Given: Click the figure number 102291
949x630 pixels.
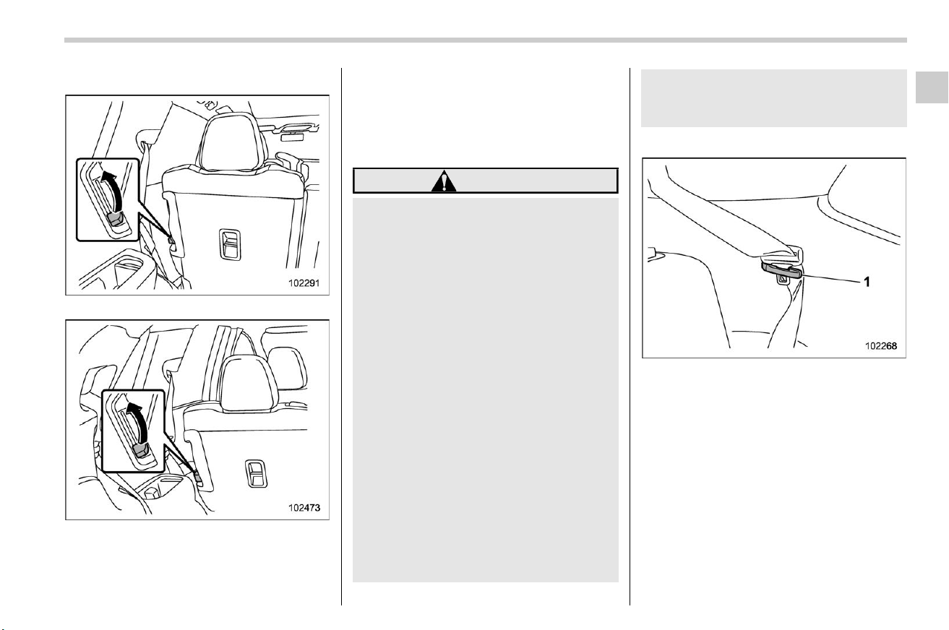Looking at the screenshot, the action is [x=304, y=282].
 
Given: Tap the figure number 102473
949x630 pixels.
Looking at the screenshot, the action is [x=304, y=507].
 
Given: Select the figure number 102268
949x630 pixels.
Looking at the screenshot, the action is [x=881, y=346].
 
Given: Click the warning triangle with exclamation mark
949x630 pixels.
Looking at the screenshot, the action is [x=444, y=181].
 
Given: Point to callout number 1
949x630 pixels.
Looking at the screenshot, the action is [x=867, y=282].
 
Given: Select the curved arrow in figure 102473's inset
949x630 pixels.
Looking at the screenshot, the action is [x=138, y=423].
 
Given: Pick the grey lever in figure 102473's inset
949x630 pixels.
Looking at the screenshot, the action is [x=140, y=452].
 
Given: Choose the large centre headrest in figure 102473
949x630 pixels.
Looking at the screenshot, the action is [x=246, y=384].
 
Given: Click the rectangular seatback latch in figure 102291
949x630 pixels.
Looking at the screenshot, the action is [x=230, y=244].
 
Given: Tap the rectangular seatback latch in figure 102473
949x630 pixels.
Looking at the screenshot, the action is [x=256, y=473].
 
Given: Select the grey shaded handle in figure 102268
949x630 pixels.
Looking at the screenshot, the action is [x=782, y=269].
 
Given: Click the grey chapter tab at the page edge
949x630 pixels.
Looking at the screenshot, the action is [x=932, y=87].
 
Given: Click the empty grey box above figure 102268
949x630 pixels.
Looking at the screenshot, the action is [x=773, y=98].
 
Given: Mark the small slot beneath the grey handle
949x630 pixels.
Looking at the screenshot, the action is [x=782, y=280].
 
